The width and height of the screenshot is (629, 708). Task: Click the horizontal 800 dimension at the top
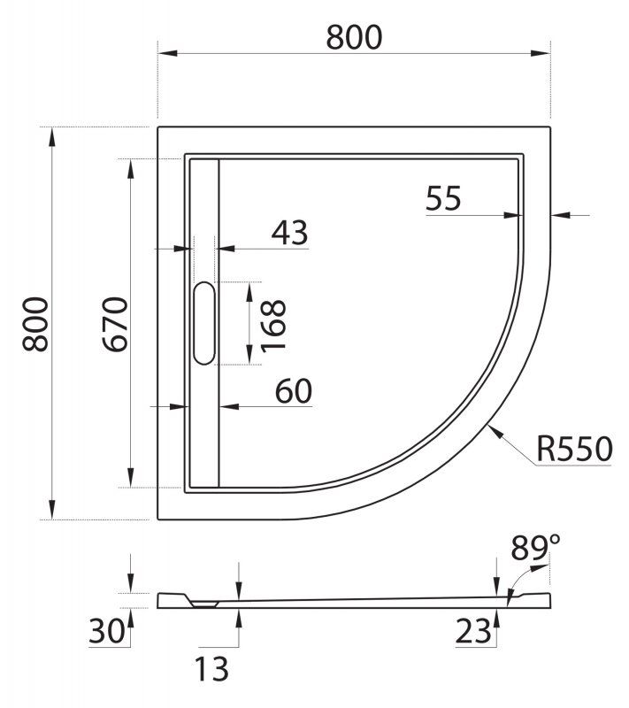coord(354,37)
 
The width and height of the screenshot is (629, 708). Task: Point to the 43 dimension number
coord(289,233)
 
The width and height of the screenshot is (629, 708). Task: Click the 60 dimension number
coord(293,390)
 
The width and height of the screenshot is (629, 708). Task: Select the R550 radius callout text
coord(574,450)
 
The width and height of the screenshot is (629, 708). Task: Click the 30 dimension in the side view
coord(106,632)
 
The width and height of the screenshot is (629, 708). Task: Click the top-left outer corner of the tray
coord(158,128)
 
